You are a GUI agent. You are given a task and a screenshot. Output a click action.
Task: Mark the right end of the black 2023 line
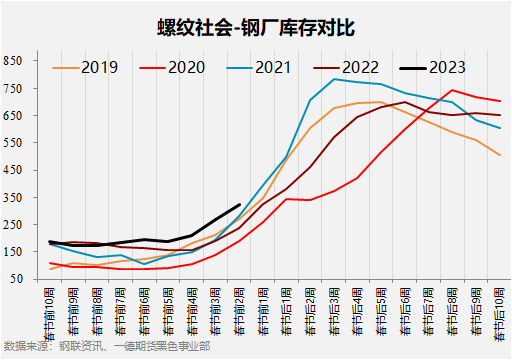[240, 204]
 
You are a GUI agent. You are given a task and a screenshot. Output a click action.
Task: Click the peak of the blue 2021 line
[334, 79]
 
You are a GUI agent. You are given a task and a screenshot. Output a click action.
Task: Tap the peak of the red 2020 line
[452, 90]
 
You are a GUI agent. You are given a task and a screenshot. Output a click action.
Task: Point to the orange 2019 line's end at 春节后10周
[500, 155]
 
